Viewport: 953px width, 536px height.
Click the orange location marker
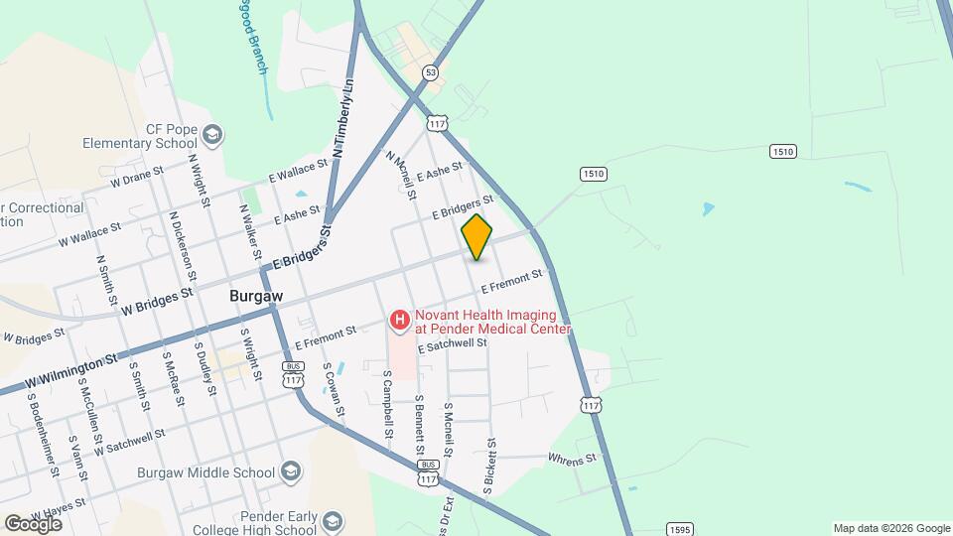(476, 237)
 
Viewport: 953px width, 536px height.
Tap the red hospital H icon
(399, 320)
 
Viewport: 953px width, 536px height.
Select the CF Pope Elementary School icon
(211, 135)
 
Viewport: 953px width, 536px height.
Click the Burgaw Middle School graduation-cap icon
(291, 470)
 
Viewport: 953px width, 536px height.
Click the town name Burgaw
(256, 296)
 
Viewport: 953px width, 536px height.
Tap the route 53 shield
(430, 72)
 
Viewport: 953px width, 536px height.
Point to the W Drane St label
(137, 179)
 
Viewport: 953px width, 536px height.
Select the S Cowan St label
(334, 390)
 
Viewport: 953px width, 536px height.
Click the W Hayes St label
(58, 509)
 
